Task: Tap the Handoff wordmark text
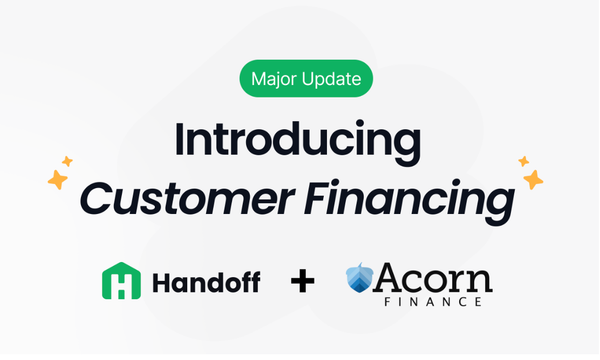tap(207, 282)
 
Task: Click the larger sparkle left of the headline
tap(58, 180)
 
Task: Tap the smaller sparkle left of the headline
tap(68, 160)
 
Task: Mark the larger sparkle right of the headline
tap(533, 180)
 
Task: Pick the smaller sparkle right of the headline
tap(522, 160)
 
